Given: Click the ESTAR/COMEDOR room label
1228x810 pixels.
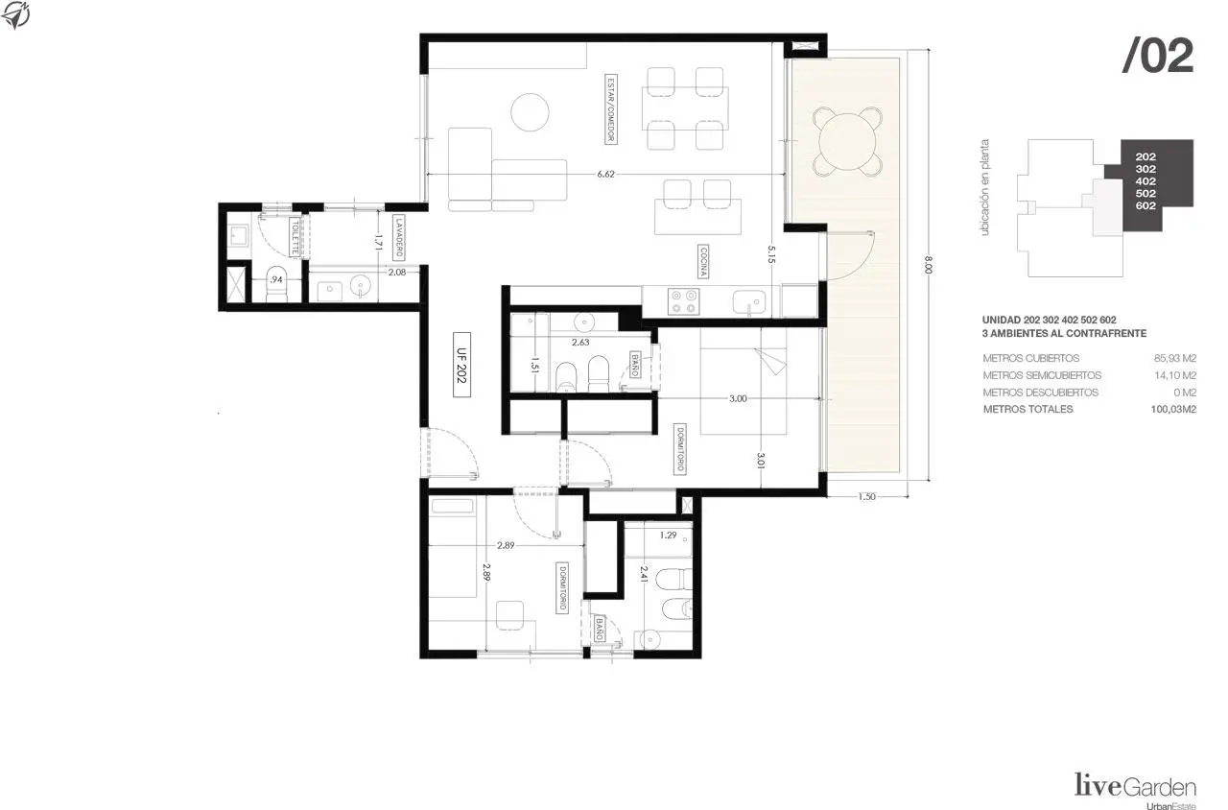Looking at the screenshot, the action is (x=610, y=108).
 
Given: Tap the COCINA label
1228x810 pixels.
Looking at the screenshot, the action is (x=702, y=261).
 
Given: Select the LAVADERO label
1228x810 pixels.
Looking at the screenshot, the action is (x=398, y=237).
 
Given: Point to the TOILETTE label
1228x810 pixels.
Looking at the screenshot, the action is (x=295, y=236).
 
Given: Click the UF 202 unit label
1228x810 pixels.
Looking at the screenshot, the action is (x=461, y=365).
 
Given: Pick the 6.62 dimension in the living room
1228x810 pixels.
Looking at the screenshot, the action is (x=605, y=174).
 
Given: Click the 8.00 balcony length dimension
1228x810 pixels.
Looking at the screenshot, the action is (x=928, y=265).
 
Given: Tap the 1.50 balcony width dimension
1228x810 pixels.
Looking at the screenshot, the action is (x=866, y=497).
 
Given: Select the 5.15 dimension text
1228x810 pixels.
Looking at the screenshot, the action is (x=771, y=254).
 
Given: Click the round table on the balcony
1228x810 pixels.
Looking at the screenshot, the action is (x=847, y=141).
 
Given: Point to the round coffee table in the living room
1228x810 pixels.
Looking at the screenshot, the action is (x=530, y=112).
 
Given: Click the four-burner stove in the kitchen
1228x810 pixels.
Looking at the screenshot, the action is (x=684, y=301).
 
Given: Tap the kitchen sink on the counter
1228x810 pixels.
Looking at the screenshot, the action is (x=749, y=302).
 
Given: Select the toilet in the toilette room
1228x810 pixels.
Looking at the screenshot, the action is (x=277, y=286).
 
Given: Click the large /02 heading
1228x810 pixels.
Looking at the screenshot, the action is (x=1158, y=56).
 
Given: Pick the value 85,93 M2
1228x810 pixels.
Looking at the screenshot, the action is (x=1175, y=358).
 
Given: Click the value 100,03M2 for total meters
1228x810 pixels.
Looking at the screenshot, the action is (x=1173, y=409).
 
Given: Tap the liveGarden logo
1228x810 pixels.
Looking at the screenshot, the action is (x=1135, y=788).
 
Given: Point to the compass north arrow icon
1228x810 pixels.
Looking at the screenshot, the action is (x=15, y=14).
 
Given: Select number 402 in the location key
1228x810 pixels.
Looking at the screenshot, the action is (x=1145, y=181).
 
